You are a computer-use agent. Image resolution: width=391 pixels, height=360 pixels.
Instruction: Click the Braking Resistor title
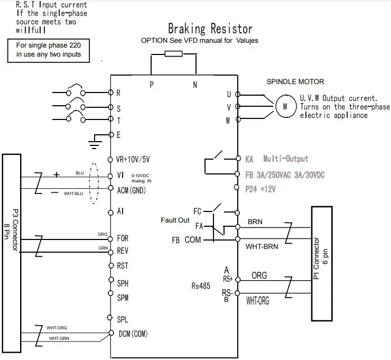click(210, 29)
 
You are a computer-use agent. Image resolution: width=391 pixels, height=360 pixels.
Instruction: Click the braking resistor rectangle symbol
click(174, 53)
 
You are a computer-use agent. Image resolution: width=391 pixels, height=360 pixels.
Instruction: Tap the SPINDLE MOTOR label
click(295, 81)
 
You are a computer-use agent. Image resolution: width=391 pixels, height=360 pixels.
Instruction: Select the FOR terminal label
click(122, 238)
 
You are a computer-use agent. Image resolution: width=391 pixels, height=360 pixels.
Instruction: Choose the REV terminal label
click(122, 252)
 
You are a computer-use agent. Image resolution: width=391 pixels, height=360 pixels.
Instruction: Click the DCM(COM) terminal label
click(132, 334)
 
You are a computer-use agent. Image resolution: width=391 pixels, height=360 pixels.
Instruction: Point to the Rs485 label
click(201, 286)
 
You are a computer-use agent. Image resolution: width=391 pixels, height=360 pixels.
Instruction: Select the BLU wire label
click(80, 173)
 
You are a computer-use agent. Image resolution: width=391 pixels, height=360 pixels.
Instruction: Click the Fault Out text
click(175, 220)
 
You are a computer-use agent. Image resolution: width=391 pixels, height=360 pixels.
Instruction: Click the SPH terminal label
click(123, 283)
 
